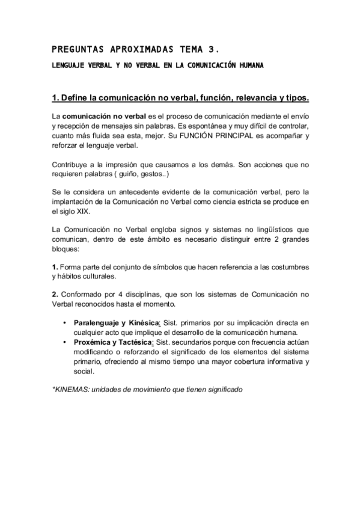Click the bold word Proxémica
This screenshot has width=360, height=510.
coord(92,343)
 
